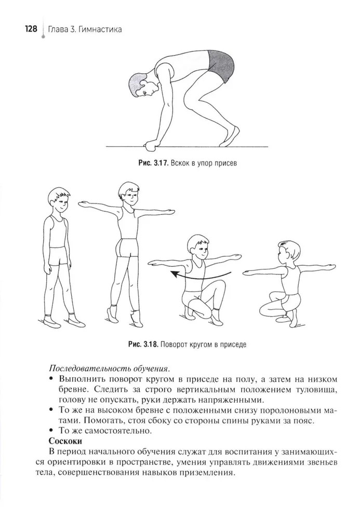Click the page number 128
click(31, 29)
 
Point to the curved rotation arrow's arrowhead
click(175, 275)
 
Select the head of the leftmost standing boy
click(59, 200)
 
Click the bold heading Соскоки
click(65, 441)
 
